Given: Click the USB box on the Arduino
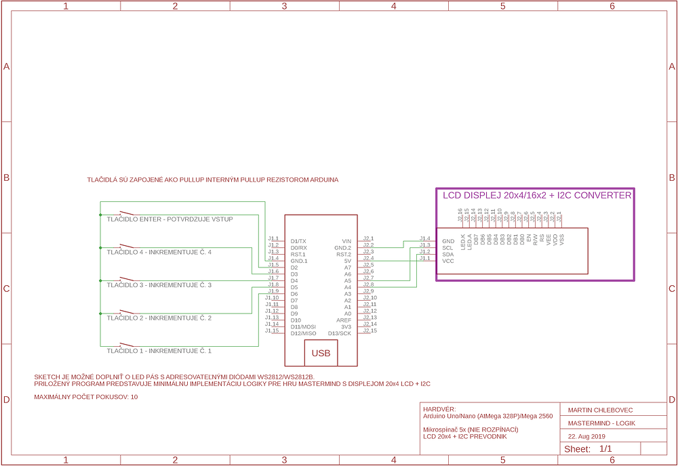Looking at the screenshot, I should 321,353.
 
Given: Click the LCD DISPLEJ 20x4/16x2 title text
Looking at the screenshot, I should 536,195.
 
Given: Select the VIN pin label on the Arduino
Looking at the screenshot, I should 346,241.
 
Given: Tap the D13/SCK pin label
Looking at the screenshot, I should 340,333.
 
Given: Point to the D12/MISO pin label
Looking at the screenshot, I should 303,333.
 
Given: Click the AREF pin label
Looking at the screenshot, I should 344,320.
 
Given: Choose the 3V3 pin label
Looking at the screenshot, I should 346,327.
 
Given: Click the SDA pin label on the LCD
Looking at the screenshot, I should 448,254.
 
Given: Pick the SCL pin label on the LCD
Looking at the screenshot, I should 448,248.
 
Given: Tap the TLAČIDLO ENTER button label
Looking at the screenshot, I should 169,219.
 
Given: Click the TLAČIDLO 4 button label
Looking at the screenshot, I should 159,252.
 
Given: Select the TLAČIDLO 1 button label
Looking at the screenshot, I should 159,351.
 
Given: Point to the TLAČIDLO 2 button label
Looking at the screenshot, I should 159,318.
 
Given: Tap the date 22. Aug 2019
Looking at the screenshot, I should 586,436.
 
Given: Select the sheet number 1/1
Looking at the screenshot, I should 605,448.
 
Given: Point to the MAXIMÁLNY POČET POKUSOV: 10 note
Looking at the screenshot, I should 86,397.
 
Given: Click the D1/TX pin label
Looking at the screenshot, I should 298,241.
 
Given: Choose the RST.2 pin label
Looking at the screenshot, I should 344,255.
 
